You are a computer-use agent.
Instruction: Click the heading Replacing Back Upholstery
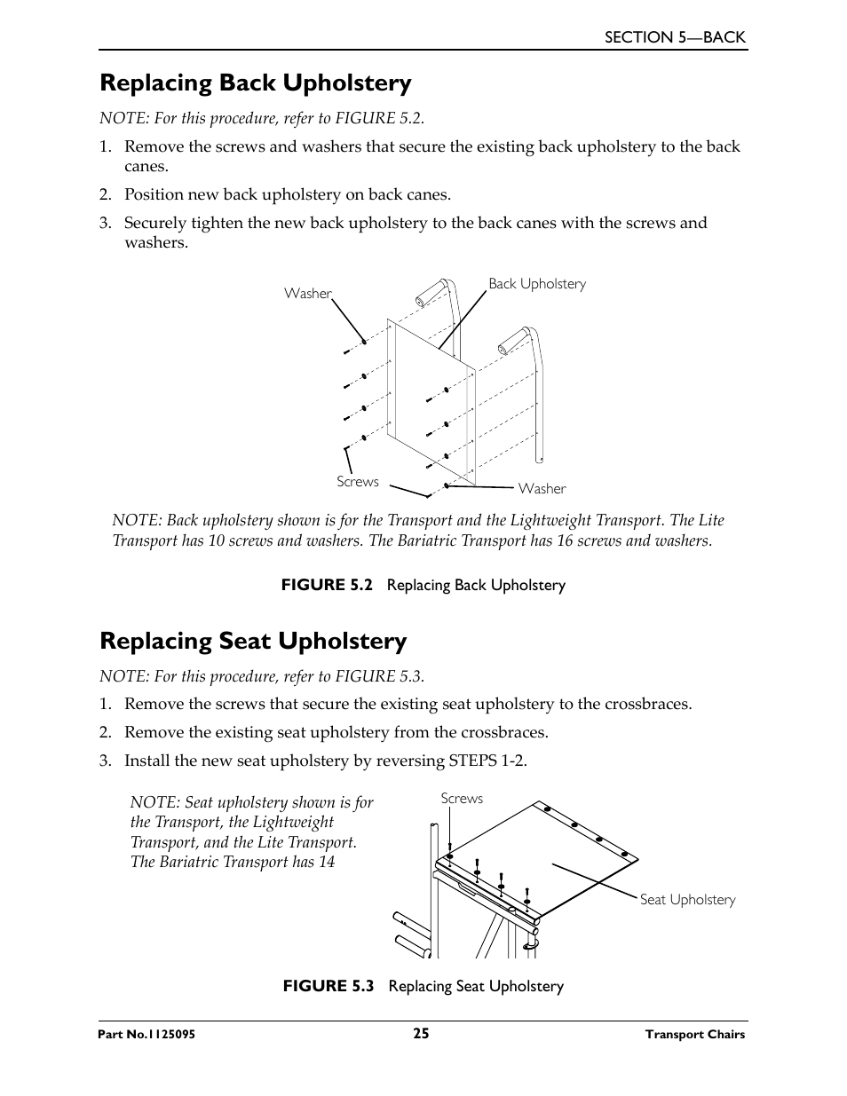click(256, 83)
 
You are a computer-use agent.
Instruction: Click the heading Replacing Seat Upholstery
click(253, 642)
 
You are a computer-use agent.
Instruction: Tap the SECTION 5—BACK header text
click(675, 37)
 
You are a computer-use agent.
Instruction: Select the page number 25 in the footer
click(421, 1033)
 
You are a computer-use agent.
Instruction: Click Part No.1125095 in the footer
click(147, 1035)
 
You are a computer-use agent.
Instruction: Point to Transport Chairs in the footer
click(694, 1035)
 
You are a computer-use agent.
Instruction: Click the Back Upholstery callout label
click(537, 284)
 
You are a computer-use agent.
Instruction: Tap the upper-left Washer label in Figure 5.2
click(307, 294)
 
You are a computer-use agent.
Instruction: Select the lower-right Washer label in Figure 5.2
click(542, 489)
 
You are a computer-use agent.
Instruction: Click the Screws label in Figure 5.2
click(357, 482)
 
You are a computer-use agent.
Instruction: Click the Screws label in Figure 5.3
click(462, 799)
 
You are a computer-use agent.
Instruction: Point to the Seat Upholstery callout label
click(687, 900)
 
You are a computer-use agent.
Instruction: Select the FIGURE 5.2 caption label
click(325, 585)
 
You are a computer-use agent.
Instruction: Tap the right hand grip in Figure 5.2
click(513, 339)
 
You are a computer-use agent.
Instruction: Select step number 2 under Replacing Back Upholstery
click(104, 195)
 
